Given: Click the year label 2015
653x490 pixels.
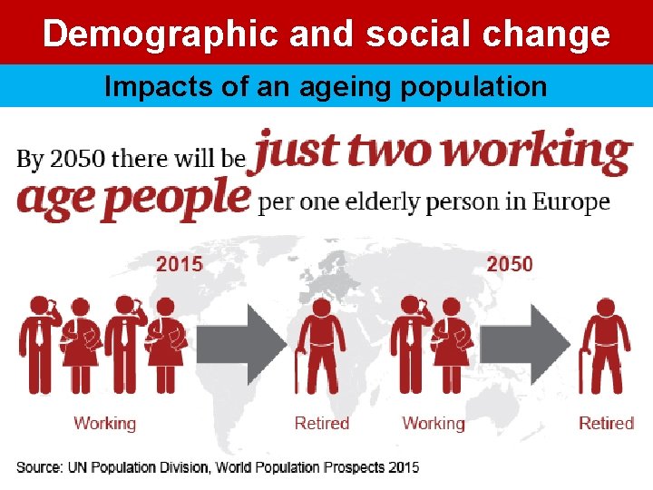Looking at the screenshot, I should click(180, 264).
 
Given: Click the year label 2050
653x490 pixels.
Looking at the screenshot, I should click(510, 264).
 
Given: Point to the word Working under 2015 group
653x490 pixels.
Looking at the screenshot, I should click(104, 423).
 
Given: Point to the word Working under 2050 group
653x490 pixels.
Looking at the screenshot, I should click(433, 423).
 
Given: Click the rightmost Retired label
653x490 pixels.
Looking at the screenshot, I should click(606, 423).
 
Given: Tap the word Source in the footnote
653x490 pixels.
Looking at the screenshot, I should click(39, 467).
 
